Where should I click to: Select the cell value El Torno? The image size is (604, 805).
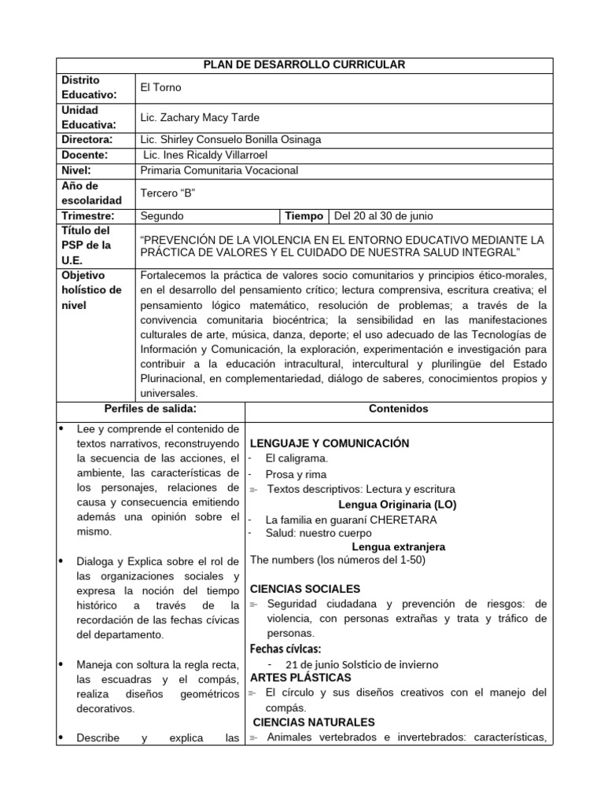click(160, 88)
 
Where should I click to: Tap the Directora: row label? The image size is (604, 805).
click(87, 140)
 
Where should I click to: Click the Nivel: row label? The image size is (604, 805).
click(75, 170)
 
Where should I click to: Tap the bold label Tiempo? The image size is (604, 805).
click(304, 215)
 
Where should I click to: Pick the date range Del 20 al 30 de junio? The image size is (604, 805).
click(383, 215)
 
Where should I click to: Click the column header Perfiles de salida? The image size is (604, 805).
click(150, 408)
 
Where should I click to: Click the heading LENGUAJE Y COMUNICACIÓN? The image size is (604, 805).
click(330, 443)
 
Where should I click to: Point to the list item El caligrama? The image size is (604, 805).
click(296, 458)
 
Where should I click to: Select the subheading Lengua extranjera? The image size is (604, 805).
click(398, 546)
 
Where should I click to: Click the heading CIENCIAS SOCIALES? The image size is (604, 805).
click(305, 589)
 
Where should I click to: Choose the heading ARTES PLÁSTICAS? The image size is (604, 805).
click(300, 677)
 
